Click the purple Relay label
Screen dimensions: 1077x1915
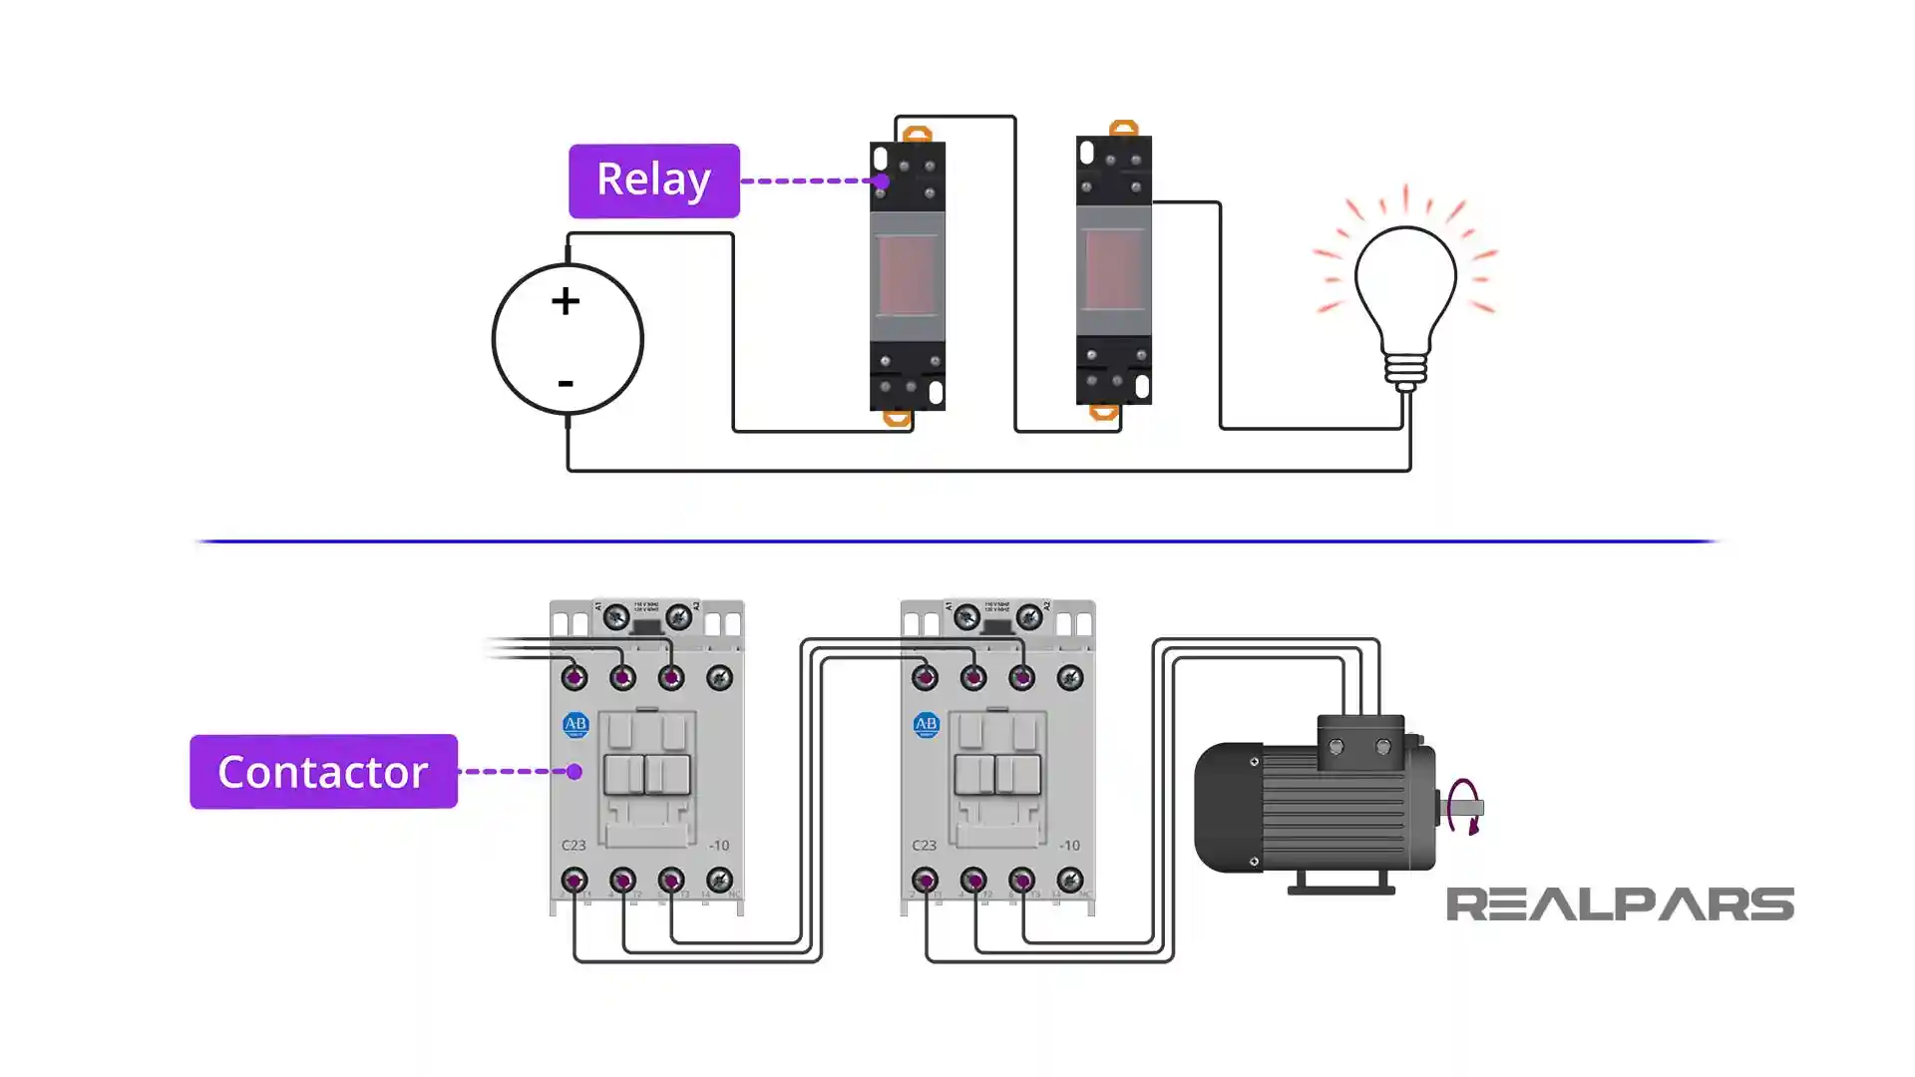pos(653,180)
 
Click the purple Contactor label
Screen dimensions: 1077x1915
pos(323,772)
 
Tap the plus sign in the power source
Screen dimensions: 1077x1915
pos(566,301)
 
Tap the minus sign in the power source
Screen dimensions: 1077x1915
pos(566,383)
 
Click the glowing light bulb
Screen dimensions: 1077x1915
pos(1405,284)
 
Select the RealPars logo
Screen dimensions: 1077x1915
pos(1620,904)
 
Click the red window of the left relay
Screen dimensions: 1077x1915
pos(907,274)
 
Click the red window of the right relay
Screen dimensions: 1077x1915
pos(1114,269)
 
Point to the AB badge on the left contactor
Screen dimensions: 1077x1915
pos(575,725)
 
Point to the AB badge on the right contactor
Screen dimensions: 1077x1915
pos(926,725)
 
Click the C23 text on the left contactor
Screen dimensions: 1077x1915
pos(574,846)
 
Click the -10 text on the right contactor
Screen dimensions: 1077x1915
pos(1069,846)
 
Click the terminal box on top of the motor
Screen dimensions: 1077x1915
pos(1359,743)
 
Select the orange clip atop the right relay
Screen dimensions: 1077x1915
pos(1124,129)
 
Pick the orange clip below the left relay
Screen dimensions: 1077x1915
pos(897,418)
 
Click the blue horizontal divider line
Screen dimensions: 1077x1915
pos(957,541)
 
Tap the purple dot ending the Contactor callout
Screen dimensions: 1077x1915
pos(574,772)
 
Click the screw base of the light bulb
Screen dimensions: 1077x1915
pos(1405,370)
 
